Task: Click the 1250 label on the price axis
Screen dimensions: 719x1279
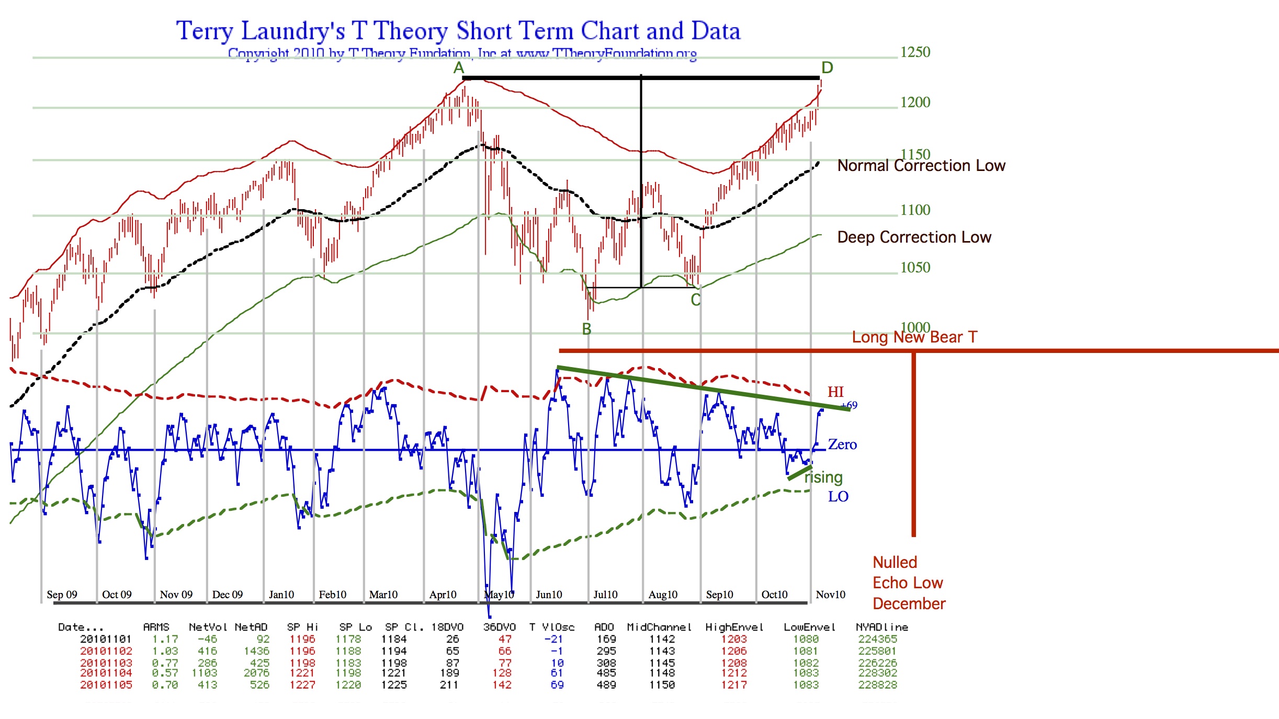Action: click(x=915, y=52)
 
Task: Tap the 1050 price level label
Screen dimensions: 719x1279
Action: click(x=915, y=267)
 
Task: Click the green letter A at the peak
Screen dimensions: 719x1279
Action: click(x=459, y=68)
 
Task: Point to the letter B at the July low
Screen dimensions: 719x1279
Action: click(x=587, y=329)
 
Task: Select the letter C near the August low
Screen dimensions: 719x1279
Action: click(x=695, y=300)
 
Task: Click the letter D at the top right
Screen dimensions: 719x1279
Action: click(x=827, y=67)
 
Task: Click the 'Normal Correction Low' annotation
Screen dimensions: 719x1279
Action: click(x=921, y=166)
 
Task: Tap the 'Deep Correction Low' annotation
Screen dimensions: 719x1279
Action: click(x=914, y=237)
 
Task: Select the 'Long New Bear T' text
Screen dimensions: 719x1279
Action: click(x=914, y=337)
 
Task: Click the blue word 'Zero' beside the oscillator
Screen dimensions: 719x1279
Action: click(x=842, y=444)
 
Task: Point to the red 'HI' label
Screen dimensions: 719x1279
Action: click(x=835, y=392)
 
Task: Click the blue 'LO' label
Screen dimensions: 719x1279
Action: click(x=838, y=496)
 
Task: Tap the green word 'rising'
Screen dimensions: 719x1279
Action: click(x=823, y=477)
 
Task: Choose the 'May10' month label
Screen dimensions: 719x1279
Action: click(x=499, y=595)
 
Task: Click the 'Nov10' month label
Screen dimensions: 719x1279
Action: click(x=830, y=595)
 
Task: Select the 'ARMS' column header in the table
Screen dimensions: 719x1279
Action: click(x=156, y=627)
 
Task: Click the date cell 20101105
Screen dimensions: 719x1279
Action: click(x=106, y=685)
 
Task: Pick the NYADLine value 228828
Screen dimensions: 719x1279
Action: click(x=877, y=685)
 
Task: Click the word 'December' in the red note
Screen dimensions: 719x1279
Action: click(x=909, y=604)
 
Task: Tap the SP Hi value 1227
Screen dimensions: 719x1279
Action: click(x=302, y=685)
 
